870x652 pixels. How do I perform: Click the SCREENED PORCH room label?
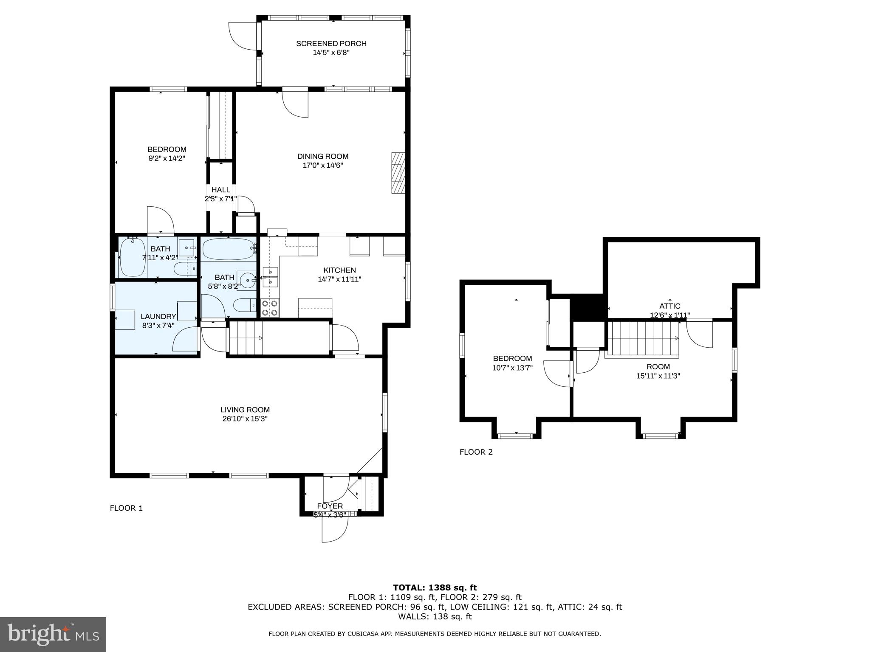click(331, 43)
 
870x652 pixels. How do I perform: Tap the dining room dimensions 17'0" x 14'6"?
click(322, 166)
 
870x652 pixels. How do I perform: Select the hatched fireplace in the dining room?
click(398, 173)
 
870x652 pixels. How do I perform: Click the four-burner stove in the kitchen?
click(270, 308)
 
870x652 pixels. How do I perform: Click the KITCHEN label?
click(339, 270)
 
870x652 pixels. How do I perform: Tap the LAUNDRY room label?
click(158, 316)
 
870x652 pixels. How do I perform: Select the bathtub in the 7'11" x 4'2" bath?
click(133, 257)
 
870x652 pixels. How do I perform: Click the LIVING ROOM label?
click(245, 410)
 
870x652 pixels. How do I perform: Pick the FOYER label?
click(330, 506)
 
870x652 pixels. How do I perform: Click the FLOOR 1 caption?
click(126, 508)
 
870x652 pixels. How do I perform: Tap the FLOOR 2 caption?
click(476, 452)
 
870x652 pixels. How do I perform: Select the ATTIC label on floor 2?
click(669, 306)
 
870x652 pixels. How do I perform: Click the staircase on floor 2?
click(644, 337)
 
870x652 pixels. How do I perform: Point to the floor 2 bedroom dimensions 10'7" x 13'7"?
click(512, 368)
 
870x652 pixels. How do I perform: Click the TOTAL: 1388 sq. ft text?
click(435, 587)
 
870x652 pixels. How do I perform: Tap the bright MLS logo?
click(53, 634)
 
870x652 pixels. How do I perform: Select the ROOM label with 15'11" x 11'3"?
click(658, 367)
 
